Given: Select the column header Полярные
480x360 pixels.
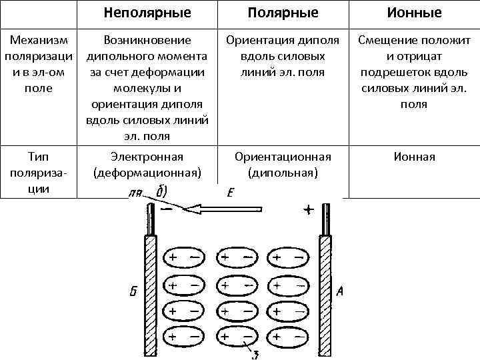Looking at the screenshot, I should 283,13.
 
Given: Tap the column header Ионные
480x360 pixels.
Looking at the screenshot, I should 414,13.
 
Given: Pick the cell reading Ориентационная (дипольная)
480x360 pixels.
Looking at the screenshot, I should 283,165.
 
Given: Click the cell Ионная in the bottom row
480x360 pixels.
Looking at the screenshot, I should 414,157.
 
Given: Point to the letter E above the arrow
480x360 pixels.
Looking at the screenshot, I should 230,194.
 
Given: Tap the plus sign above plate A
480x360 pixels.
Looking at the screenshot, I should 309,210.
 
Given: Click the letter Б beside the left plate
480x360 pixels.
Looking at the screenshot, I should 133,291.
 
